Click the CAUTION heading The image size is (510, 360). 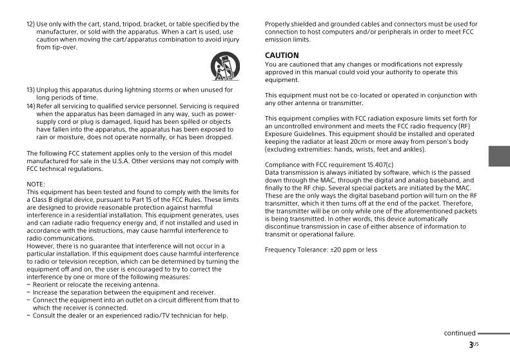coord(282,55)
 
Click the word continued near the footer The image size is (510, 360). coord(459,333)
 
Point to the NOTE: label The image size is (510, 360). coord(36,184)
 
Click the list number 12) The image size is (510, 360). coord(30,24)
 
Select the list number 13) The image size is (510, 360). coord(30,90)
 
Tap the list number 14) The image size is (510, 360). coord(30,106)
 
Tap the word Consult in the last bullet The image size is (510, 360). coord(46,315)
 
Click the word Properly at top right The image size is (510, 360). coord(279,24)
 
